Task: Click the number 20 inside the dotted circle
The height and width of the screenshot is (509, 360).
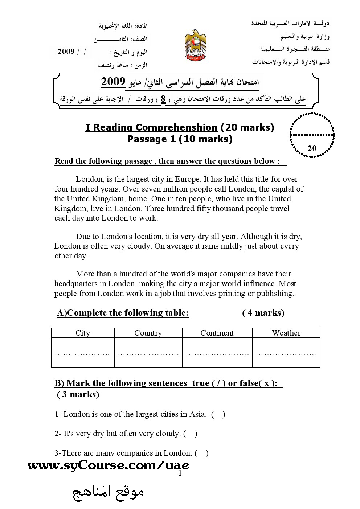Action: [x=312, y=148]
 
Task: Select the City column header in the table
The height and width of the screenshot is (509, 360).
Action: [x=83, y=333]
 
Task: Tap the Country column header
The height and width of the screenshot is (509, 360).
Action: [x=148, y=333]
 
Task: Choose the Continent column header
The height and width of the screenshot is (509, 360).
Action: [x=217, y=333]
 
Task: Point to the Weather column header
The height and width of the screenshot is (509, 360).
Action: [x=286, y=333]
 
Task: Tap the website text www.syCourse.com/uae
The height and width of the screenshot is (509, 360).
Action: [x=108, y=465]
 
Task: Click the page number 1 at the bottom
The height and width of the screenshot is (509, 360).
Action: [x=180, y=473]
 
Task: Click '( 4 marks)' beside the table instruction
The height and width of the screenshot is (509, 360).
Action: [x=263, y=313]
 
